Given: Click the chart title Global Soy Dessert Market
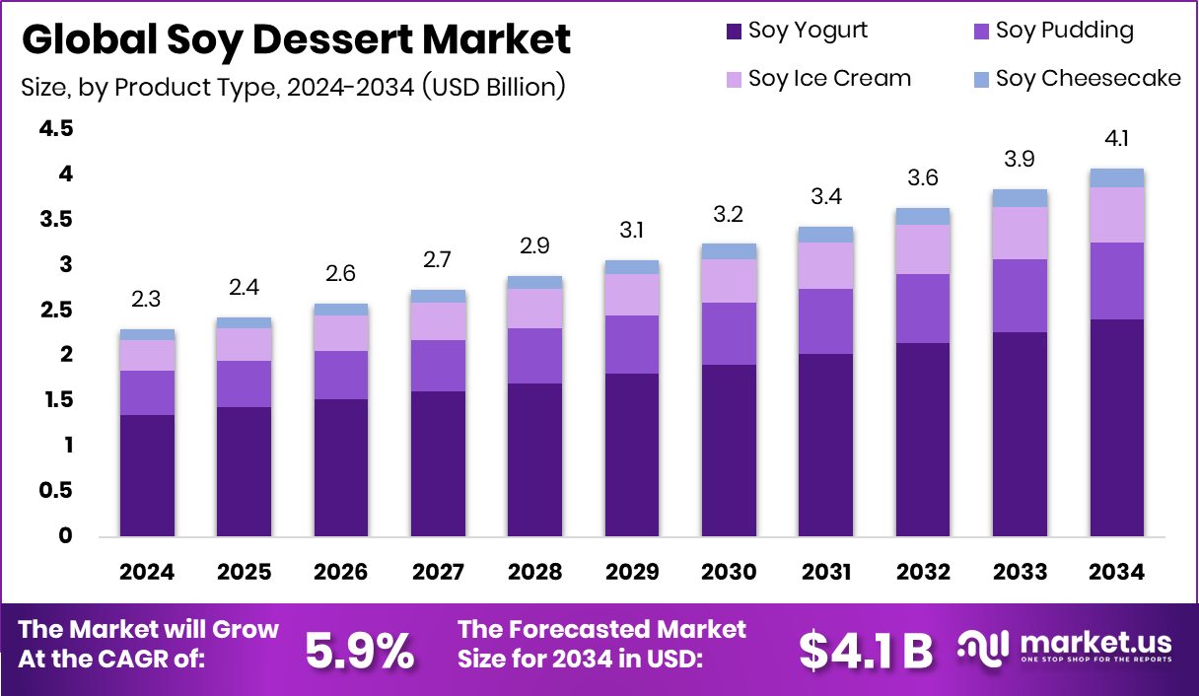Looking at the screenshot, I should (x=296, y=39).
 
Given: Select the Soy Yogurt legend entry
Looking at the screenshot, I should (x=796, y=31).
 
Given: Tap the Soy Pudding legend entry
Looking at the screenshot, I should (x=1052, y=31).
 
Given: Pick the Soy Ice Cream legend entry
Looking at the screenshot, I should (x=816, y=78).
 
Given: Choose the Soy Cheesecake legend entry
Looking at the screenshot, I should (x=1076, y=78).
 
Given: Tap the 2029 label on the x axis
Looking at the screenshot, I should (x=632, y=573).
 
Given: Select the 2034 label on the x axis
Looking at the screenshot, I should (x=1117, y=573).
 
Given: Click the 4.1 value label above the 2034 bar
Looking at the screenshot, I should (x=1117, y=140).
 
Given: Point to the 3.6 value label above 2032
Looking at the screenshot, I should (x=923, y=178).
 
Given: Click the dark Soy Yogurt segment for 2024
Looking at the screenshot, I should (x=147, y=475).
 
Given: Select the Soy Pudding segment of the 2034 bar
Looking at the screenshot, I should (x=1117, y=281).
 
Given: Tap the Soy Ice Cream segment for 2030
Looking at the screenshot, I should (x=729, y=281).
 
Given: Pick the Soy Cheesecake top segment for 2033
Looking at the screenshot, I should (x=1021, y=198).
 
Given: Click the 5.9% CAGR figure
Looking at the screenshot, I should (x=359, y=651).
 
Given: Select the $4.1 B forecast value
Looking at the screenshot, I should (x=865, y=651).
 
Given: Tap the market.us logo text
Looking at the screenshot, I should (x=1094, y=645).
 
